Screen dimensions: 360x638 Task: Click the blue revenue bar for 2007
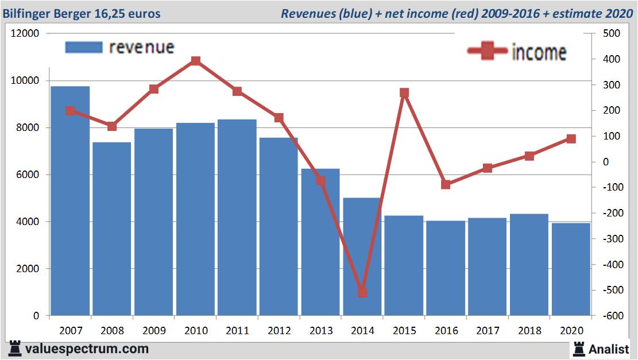(71, 201)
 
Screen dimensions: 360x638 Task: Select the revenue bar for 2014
(362, 257)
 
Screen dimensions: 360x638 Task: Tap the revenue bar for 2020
(571, 269)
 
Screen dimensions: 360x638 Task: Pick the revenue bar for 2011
(237, 218)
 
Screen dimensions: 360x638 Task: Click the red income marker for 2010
(195, 61)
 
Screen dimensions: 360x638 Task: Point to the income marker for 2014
(362, 292)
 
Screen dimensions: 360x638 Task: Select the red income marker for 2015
(404, 92)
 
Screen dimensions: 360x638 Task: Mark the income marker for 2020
(571, 138)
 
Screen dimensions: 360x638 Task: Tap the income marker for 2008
(112, 126)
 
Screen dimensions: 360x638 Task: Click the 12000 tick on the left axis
(25, 33)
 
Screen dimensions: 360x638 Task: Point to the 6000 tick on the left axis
(28, 175)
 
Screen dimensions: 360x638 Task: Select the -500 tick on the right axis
(609, 291)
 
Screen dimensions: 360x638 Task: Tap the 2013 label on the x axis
(320, 331)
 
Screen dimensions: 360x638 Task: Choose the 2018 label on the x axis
(529, 331)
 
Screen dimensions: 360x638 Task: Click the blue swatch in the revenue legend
(84, 47)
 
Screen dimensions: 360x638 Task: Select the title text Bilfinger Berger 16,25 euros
(82, 13)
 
